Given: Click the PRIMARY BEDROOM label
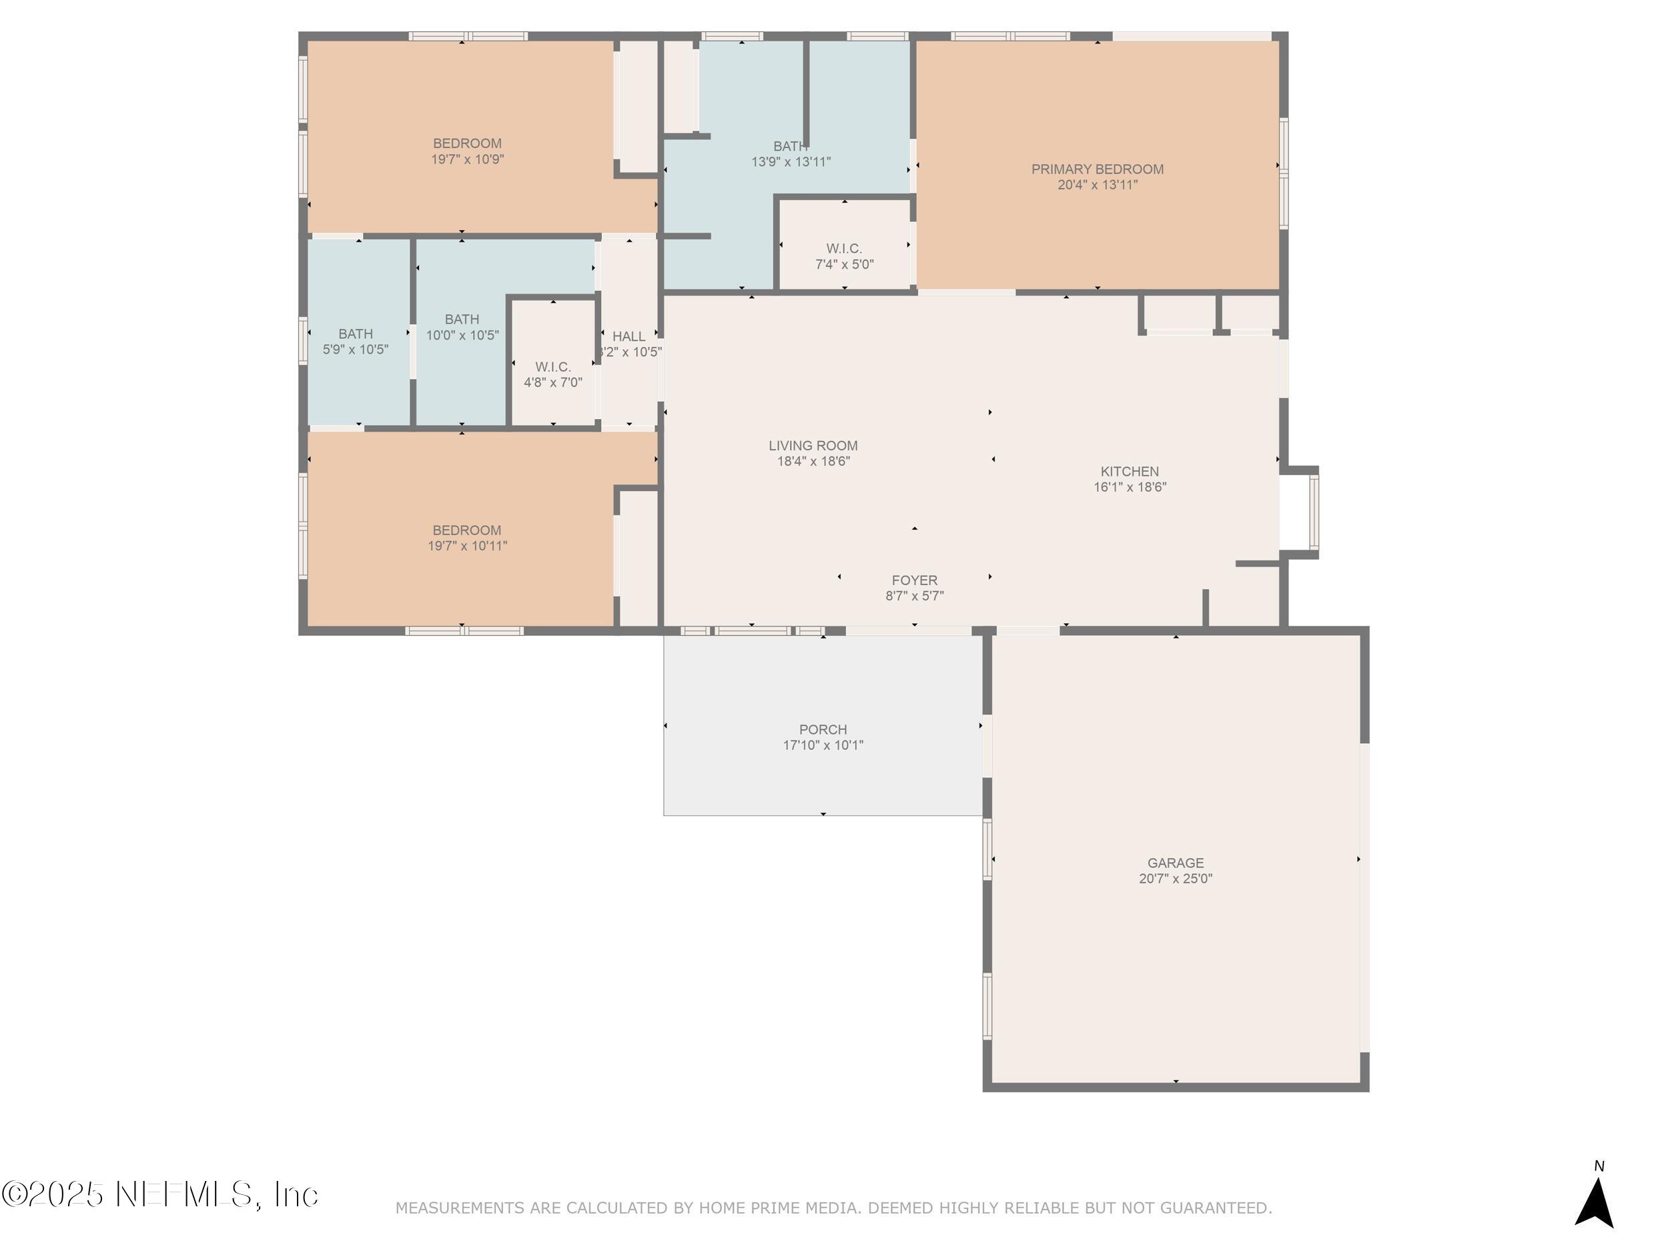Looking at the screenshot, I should click(x=1097, y=169).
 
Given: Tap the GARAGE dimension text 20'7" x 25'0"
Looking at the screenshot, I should click(x=1176, y=879).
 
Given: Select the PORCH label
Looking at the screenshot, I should click(x=823, y=729).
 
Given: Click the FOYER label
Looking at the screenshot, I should click(x=914, y=580).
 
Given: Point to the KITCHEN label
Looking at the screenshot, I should click(x=1129, y=471).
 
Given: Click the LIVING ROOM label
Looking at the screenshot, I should click(x=813, y=446).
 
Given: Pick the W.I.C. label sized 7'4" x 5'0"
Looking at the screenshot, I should click(x=844, y=248).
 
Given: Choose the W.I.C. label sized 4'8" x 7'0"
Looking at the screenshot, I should click(x=552, y=366).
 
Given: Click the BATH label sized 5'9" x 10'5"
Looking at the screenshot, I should click(x=355, y=334).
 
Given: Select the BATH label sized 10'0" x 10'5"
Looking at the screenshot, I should click(x=462, y=319).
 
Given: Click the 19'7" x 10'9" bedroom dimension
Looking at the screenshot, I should click(x=468, y=159).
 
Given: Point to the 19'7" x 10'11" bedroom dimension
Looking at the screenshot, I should click(x=468, y=546).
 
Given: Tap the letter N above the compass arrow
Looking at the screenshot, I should click(x=1599, y=1166).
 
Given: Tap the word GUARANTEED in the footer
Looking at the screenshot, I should click(x=1215, y=1208).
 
